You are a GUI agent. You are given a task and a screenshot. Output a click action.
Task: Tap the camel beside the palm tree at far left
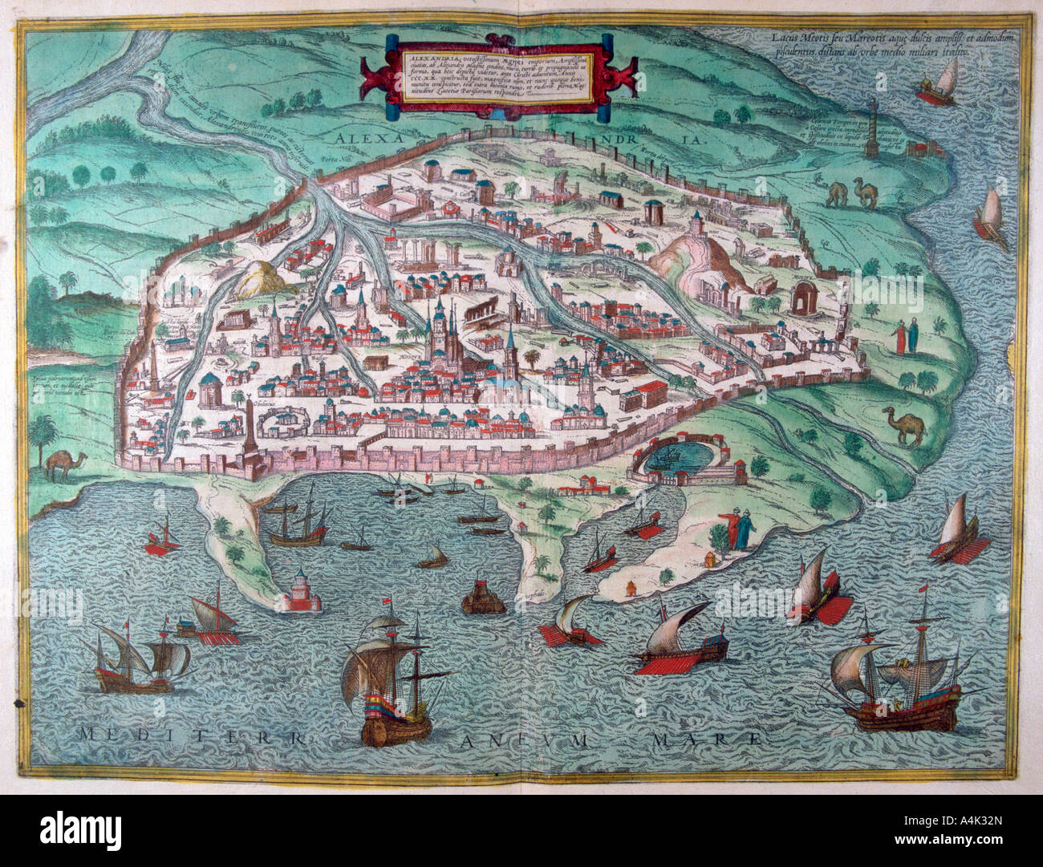coord(59,464)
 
